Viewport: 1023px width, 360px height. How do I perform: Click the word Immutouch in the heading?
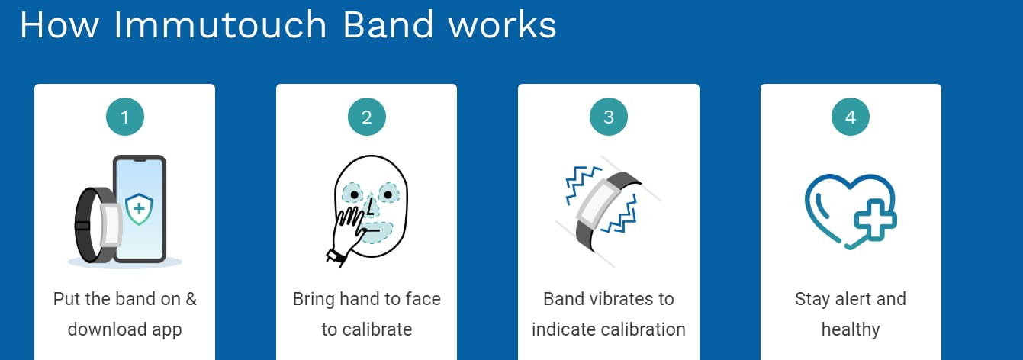pyautogui.click(x=220, y=24)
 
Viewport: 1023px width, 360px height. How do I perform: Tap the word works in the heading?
pyautogui.click(x=503, y=24)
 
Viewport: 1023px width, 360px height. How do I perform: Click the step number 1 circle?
pyautogui.click(x=125, y=117)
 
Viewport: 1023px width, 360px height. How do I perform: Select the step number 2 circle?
pyautogui.click(x=367, y=117)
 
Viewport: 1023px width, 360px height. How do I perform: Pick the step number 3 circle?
pyautogui.click(x=609, y=117)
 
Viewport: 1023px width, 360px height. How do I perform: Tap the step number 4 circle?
pyautogui.click(x=851, y=117)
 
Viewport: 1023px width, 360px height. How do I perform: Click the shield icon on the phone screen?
pyautogui.click(x=139, y=209)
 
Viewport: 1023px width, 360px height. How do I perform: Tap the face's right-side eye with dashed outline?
pyautogui.click(x=388, y=194)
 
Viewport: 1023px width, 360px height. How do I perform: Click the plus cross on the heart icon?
pyautogui.click(x=875, y=220)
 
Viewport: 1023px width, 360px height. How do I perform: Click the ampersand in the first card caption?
pyautogui.click(x=191, y=299)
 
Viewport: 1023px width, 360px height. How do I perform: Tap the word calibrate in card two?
pyautogui.click(x=377, y=329)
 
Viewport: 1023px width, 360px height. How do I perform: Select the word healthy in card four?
pyautogui.click(x=851, y=329)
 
